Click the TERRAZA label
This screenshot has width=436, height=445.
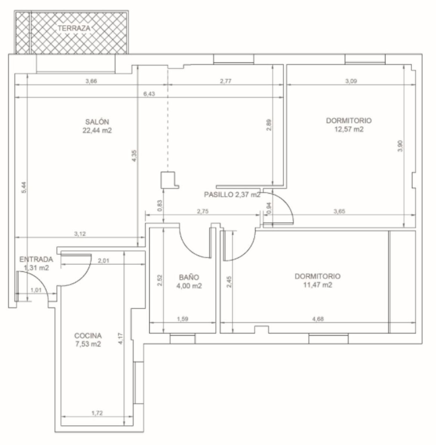click(x=74, y=28)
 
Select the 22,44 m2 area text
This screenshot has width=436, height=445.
click(x=97, y=131)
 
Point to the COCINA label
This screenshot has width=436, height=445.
click(x=88, y=336)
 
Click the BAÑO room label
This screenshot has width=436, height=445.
click(x=189, y=277)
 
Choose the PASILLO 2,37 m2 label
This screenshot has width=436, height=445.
click(x=232, y=195)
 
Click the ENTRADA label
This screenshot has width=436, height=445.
click(x=36, y=259)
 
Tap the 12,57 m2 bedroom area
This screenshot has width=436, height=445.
click(x=349, y=129)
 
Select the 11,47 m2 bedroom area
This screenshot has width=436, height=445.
click(x=317, y=285)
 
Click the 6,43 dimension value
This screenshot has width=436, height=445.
click(x=149, y=94)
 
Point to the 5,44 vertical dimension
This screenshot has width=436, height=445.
click(x=24, y=187)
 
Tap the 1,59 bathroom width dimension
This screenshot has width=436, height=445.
click(x=183, y=319)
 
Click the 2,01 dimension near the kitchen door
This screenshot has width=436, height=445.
click(x=103, y=261)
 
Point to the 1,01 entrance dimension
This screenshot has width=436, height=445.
click(x=36, y=290)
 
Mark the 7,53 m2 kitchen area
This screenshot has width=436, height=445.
click(x=88, y=344)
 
